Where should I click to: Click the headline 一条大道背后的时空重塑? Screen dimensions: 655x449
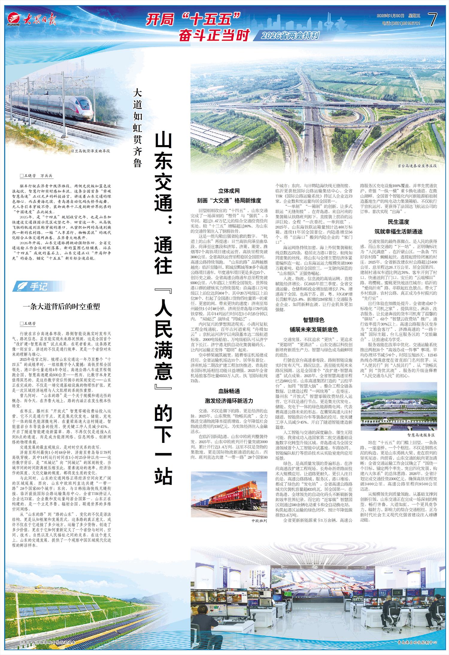tap(62, 307)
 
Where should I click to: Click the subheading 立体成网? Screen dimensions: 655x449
tap(229, 191)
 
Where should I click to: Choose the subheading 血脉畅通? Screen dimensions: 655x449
tap(229, 391)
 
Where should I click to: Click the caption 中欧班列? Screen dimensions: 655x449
tap(259, 521)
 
